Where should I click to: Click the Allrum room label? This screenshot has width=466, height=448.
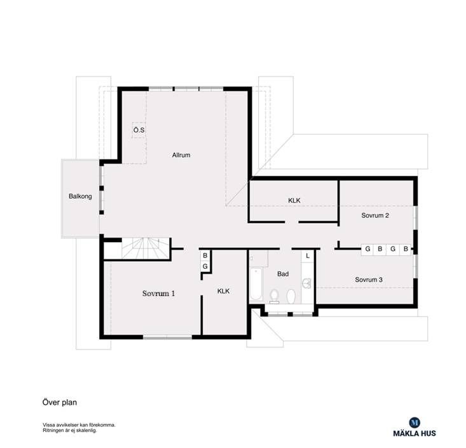click(x=181, y=155)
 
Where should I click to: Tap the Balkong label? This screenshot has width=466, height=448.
click(x=80, y=196)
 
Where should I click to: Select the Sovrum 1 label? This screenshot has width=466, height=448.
click(x=158, y=294)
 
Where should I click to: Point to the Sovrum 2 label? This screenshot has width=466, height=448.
click(x=375, y=215)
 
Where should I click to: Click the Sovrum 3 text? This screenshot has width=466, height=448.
click(x=369, y=280)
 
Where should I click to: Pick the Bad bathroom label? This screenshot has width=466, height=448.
click(x=283, y=274)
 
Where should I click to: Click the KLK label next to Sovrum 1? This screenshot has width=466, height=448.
click(x=223, y=291)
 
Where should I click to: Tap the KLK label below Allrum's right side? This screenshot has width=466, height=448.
click(x=294, y=201)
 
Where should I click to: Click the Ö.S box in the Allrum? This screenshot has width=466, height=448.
click(x=139, y=131)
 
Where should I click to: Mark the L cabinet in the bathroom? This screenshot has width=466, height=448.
click(x=308, y=255)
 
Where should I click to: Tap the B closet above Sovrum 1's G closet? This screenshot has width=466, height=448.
click(x=205, y=255)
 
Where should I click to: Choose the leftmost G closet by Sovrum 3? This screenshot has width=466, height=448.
click(x=368, y=249)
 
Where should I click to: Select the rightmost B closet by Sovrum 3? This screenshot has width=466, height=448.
click(x=405, y=249)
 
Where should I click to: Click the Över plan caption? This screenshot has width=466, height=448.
click(x=60, y=402)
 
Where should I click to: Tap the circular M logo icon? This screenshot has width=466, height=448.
click(x=414, y=421)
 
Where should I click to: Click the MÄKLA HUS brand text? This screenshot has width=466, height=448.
click(x=414, y=435)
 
